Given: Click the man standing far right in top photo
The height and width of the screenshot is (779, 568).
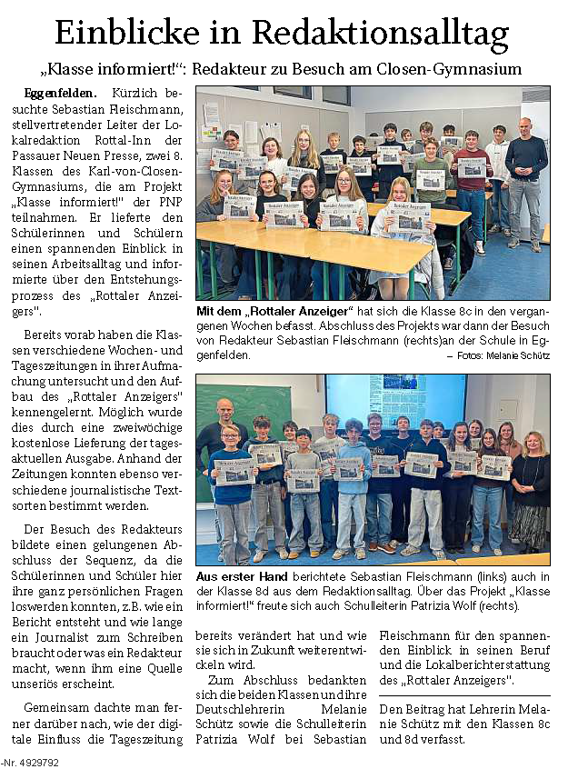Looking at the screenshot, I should tap(526, 182).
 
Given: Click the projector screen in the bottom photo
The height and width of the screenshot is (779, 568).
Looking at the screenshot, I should tap(395, 400).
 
